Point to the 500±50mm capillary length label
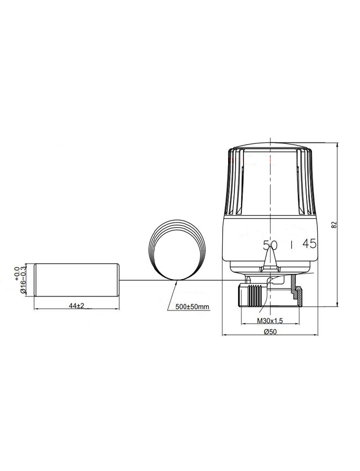click(x=192, y=307)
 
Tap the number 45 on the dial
click(x=309, y=244)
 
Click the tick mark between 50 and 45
click(x=291, y=245)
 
